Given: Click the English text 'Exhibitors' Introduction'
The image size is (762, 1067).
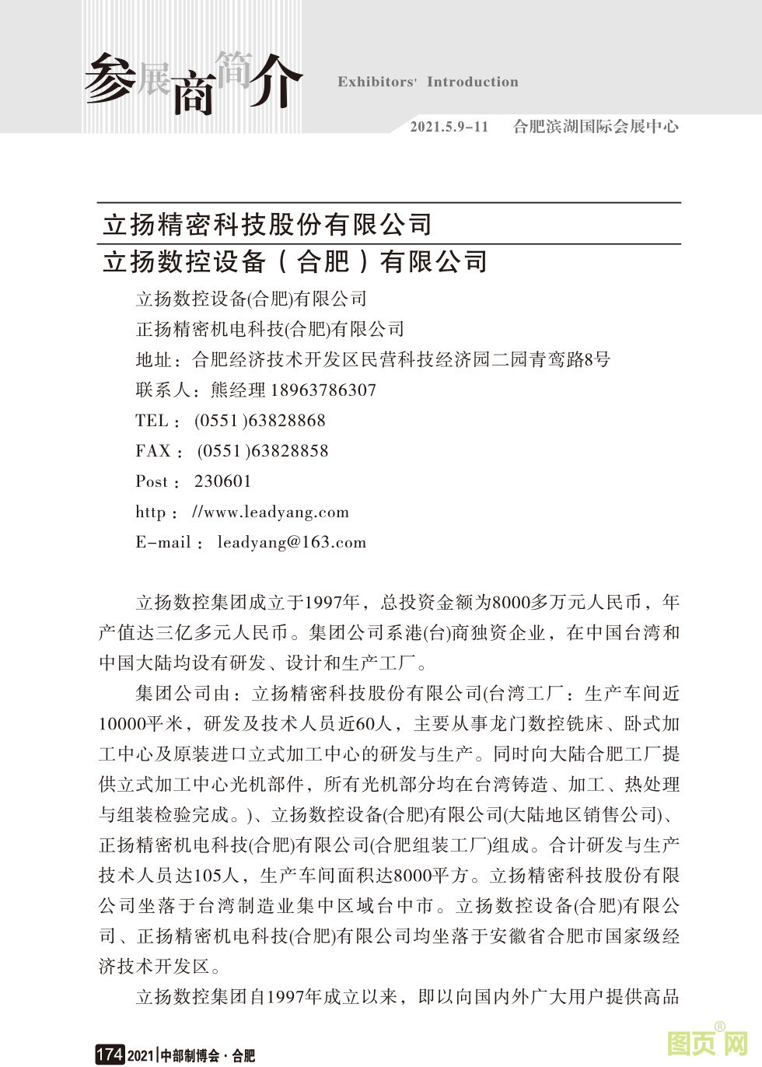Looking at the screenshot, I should coord(428,82).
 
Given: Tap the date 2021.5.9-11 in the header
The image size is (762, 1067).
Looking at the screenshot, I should coord(449,127).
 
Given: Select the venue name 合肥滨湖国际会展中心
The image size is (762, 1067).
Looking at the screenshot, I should coord(596,127).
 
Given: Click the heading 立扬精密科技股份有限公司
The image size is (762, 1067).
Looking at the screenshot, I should coord(267,225).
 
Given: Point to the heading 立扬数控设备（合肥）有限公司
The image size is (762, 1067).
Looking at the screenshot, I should coord(295,261).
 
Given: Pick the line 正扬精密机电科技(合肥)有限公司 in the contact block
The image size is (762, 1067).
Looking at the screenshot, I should coord(271,329).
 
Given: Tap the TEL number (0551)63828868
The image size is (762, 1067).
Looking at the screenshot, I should coord(260,421).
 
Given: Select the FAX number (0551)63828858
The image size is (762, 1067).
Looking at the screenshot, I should coord(263,451).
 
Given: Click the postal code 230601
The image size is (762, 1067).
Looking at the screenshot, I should coord(223,481).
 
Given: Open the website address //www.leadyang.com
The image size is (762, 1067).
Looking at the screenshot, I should coord(271,512).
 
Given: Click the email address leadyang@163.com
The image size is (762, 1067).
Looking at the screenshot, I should coord(292,542).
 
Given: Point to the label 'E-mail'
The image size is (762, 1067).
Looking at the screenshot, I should coord(163,542).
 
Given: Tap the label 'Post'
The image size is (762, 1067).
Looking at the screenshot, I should coord(152,481).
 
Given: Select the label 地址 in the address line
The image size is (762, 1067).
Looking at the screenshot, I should coord(154,359).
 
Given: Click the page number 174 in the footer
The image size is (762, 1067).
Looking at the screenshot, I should coord(109,1055).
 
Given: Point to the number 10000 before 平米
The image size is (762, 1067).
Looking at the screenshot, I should coord(122,724).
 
